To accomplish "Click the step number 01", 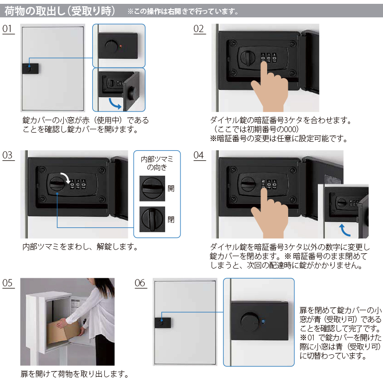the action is coord(7,29).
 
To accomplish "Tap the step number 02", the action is coord(198,29).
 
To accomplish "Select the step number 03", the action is coord(7,155).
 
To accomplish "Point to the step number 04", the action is coord(198,155).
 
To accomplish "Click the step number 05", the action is coord(7,283).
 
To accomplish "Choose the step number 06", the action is coord(140,283).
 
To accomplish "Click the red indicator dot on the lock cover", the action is coord(121,46).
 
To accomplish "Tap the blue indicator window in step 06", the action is coord(263,321).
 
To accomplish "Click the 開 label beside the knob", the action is coord(171,188).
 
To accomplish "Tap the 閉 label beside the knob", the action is coord(171,219).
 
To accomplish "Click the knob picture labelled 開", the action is coord(152,188).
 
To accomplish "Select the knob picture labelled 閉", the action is coord(152,219).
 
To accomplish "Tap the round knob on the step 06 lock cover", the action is coord(249,322).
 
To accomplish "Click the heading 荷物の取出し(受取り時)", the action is coord(59,11).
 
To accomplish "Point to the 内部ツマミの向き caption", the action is coord(157,163).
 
